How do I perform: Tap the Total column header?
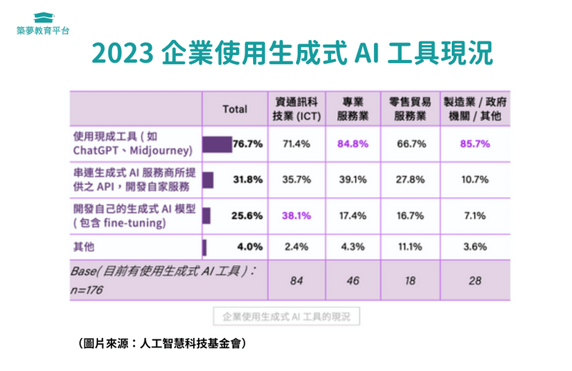pos(235,109)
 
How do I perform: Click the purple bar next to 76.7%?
pos(217,144)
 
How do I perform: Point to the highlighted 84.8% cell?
pos(352,144)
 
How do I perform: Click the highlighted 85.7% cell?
pos(475,144)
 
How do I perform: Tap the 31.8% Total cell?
pos(247,179)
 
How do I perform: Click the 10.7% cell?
pos(475,179)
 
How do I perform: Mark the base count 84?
pos(295,281)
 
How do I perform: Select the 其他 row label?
pos(83,247)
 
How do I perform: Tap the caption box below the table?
pos(285,316)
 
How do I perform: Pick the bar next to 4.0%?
pos(204,247)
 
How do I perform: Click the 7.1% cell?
pos(475,214)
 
